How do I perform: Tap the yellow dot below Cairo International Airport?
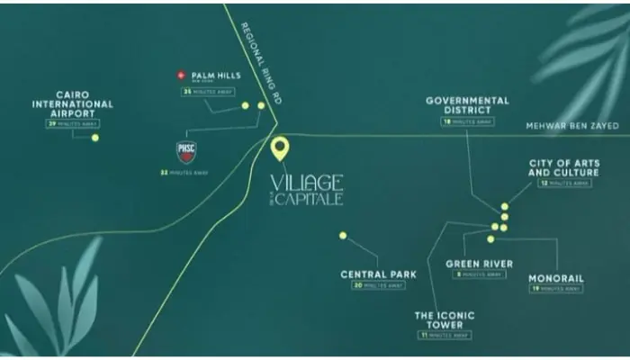click(x=94, y=138)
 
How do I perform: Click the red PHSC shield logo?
click(x=185, y=150)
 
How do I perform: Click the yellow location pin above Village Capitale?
click(x=280, y=148)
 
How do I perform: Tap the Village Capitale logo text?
click(x=306, y=190)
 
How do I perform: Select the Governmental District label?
click(x=467, y=105)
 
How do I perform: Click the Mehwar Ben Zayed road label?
click(x=573, y=126)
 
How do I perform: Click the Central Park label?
click(x=376, y=274)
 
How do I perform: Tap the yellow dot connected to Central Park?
click(x=343, y=236)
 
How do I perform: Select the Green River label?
click(x=480, y=264)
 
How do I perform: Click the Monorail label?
click(x=556, y=277)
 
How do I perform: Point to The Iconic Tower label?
click(x=444, y=320)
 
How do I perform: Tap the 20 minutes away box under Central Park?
click(x=377, y=285)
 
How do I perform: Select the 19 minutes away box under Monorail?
click(x=556, y=289)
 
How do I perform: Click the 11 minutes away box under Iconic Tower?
click(x=444, y=335)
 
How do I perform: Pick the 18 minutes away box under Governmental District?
click(x=466, y=121)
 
